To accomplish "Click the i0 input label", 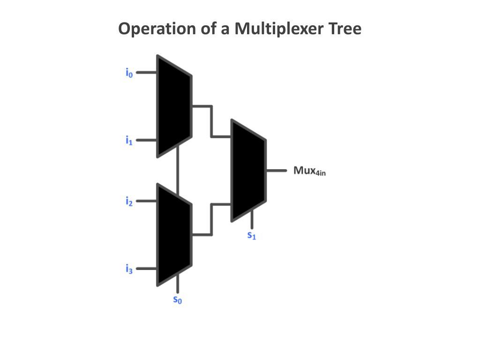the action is [x=129, y=73].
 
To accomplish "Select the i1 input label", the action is [x=129, y=141].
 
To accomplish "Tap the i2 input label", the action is [x=129, y=202].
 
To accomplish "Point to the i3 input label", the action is [x=129, y=269].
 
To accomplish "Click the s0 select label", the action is [x=178, y=300].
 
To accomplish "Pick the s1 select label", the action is [x=252, y=235].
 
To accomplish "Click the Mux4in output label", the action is [x=309, y=171].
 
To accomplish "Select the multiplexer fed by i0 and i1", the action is [x=174, y=106].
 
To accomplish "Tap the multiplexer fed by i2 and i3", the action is [x=174, y=235].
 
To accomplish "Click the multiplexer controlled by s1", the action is [x=248, y=171].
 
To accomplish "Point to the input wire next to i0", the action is [x=146, y=73].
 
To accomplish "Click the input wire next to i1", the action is [x=146, y=140].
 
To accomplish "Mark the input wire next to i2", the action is [x=146, y=201].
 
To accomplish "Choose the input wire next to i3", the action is [x=146, y=269].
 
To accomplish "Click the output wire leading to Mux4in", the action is [x=277, y=171].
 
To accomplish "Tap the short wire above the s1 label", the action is [x=252, y=219].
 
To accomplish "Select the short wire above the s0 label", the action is [x=178, y=284].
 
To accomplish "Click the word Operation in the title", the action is [x=157, y=29].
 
